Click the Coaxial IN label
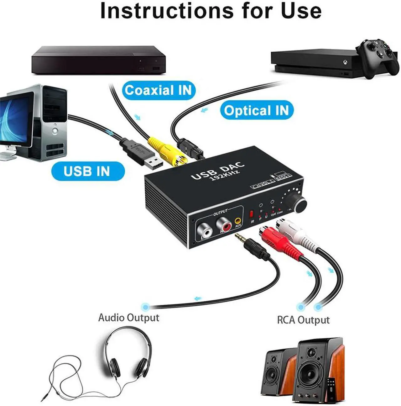tap(158, 90)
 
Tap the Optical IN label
tap(256, 110)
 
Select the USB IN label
tap(87, 171)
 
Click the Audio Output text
tap(129, 318)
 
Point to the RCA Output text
tap(303, 320)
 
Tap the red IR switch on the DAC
tap(251, 215)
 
